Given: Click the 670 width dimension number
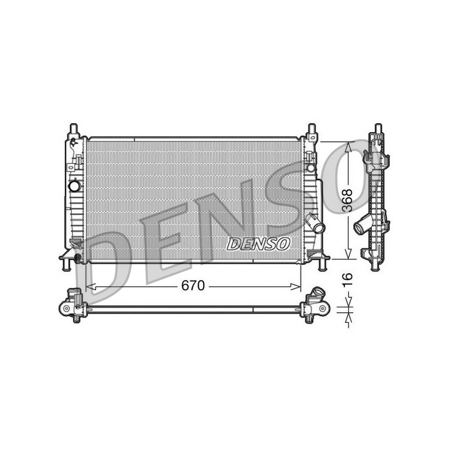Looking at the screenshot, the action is [193, 286].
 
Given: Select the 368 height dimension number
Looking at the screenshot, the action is [348, 200].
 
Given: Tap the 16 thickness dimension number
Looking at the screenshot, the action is [348, 280].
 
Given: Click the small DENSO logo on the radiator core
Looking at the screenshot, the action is [258, 244].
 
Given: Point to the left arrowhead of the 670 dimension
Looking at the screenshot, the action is [91, 286].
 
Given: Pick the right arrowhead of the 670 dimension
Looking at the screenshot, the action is [296, 286].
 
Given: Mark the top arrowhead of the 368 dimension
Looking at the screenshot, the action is [348, 147].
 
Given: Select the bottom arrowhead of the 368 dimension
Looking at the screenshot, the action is [348, 254].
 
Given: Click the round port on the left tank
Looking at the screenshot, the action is [75, 186].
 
